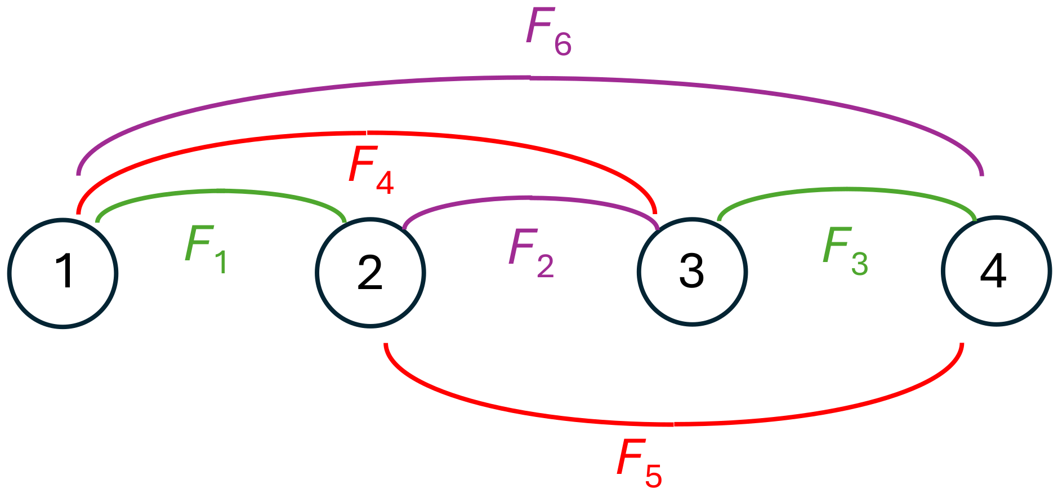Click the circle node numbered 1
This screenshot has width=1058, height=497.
point(63,273)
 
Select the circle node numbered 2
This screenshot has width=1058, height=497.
point(370,273)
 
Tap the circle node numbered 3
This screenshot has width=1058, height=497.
point(692,272)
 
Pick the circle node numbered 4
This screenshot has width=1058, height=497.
point(996,270)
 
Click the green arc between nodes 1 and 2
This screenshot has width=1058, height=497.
point(222,191)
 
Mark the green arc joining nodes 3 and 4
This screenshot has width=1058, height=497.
point(847,190)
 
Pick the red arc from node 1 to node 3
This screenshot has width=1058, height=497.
point(366,133)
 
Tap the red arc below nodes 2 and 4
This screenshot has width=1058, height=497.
point(673,424)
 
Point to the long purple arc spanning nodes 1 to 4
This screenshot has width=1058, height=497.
point(529,78)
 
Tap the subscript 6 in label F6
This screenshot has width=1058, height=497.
point(563,45)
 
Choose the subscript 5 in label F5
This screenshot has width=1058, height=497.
point(653,476)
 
